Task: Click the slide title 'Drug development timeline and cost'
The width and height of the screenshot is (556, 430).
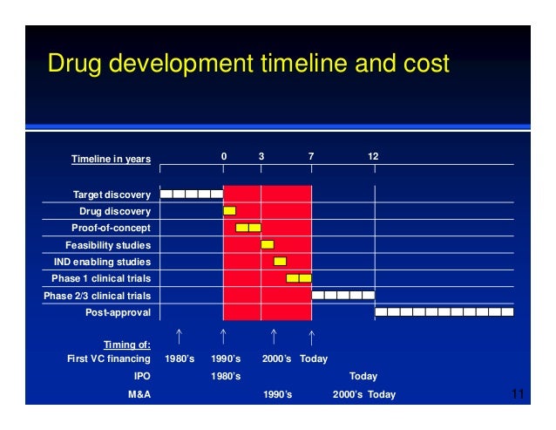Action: tap(247, 64)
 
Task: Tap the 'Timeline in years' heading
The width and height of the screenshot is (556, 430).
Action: tap(111, 159)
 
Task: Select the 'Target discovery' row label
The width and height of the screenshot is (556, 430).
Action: tap(112, 194)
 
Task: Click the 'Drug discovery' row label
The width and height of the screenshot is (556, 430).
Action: tap(115, 211)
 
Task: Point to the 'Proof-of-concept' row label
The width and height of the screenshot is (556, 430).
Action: tap(111, 228)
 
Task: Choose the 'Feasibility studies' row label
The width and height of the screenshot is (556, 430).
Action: tap(108, 245)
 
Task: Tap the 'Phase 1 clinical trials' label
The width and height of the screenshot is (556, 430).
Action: tap(101, 278)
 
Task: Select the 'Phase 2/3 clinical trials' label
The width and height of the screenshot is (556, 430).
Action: tap(97, 296)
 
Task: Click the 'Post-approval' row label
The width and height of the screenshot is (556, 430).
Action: tap(118, 312)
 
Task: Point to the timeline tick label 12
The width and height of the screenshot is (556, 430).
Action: tap(373, 156)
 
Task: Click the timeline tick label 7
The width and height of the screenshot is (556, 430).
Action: tap(311, 156)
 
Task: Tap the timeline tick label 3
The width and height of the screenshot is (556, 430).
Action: tap(261, 156)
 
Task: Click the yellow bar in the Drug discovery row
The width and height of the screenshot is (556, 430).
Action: tap(229, 211)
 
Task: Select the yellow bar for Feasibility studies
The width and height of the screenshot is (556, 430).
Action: tap(268, 244)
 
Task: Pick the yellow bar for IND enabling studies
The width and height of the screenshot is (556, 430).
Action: tap(280, 262)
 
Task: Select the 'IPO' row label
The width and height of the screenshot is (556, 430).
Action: tap(140, 377)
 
